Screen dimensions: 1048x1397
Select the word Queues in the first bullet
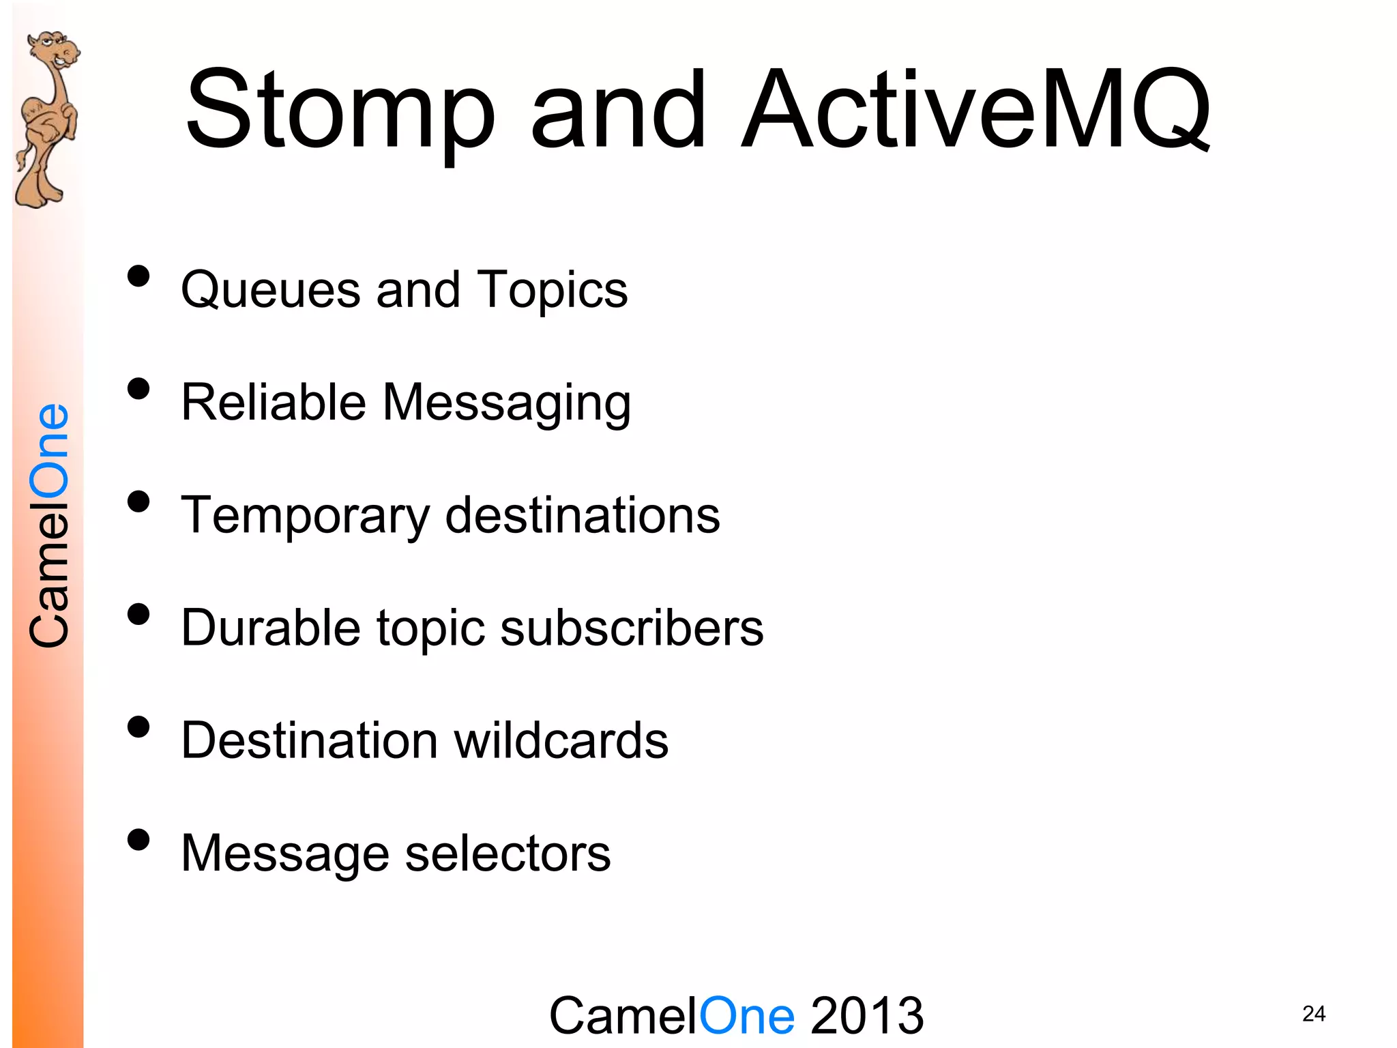(270, 290)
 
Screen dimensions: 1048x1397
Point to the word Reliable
(274, 403)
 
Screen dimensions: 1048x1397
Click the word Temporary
(306, 516)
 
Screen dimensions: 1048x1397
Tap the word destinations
(583, 515)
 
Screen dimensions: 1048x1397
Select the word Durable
(270, 628)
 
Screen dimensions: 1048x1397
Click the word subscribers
(632, 628)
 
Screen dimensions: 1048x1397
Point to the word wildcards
(561, 740)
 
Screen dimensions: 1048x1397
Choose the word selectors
(508, 853)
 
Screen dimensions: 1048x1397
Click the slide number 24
(1314, 1014)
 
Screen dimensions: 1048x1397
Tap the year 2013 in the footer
(867, 1015)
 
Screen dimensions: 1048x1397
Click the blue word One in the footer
(747, 1015)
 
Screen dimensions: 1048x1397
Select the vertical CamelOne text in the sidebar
(49, 525)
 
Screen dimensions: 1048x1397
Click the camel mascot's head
(55, 51)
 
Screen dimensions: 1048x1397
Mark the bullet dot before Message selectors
(138, 840)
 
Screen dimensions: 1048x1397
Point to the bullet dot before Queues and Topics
(138, 276)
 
